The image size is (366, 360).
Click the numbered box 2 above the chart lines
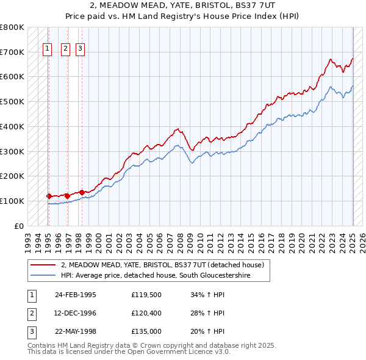pyautogui.click(x=66, y=50)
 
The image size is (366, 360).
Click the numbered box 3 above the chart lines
pyautogui.click(x=81, y=50)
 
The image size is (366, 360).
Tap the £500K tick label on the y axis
pyautogui.click(x=12, y=101)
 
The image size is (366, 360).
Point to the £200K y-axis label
pyautogui.click(x=12, y=176)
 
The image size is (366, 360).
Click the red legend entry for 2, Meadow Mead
pyautogui.click(x=162, y=265)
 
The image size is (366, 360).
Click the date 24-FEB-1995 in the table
pyautogui.click(x=76, y=295)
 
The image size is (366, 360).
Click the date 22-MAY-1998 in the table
pyautogui.click(x=76, y=331)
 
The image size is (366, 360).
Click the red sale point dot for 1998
pyautogui.click(x=81, y=192)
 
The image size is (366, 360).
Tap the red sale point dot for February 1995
pyautogui.click(x=49, y=196)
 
